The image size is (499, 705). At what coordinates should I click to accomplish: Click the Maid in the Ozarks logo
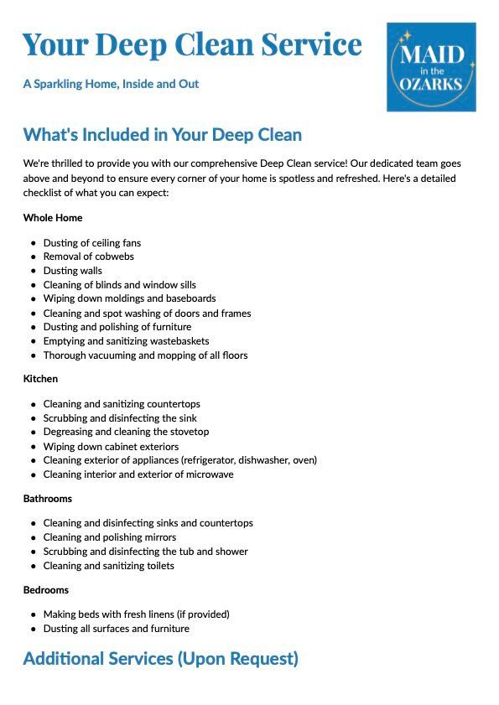click(431, 67)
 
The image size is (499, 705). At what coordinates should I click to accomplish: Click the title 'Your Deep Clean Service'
click(192, 44)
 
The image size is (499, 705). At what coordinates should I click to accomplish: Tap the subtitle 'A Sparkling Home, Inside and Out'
click(111, 84)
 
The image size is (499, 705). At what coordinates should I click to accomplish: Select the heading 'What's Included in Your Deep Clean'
click(162, 135)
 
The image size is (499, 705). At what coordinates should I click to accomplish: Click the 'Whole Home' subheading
click(53, 218)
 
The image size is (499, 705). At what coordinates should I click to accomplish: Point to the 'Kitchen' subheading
click(40, 379)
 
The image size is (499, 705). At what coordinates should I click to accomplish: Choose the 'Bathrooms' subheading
click(48, 499)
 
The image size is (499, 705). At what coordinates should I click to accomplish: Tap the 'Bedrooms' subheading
click(46, 590)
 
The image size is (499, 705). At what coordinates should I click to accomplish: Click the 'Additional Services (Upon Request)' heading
click(160, 659)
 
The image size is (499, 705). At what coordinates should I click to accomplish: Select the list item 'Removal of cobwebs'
click(88, 257)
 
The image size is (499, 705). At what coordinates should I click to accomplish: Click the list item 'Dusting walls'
click(72, 271)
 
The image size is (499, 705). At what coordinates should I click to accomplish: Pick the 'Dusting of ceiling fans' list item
click(91, 243)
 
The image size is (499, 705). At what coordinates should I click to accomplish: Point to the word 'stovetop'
click(190, 432)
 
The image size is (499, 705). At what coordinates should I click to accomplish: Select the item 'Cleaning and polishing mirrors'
click(109, 537)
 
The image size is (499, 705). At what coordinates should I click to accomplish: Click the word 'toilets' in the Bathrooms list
click(159, 566)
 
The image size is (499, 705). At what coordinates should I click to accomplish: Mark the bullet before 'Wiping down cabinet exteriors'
click(34, 447)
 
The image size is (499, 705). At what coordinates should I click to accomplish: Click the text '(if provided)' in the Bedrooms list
click(201, 614)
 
